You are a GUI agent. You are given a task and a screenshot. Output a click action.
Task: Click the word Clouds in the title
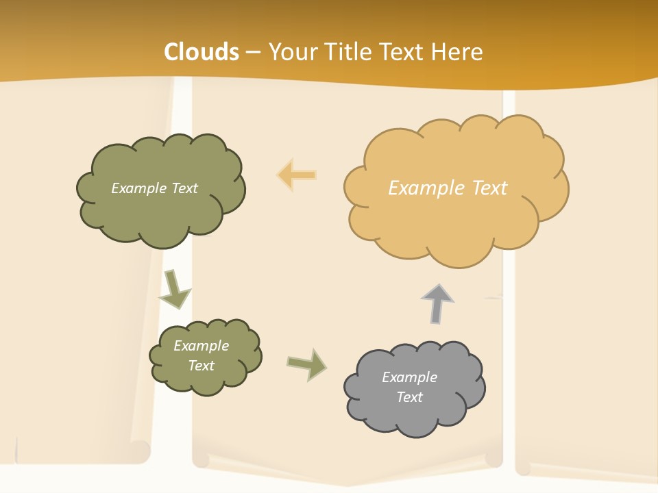click(x=202, y=52)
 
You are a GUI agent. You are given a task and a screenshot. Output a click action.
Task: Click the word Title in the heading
click(x=348, y=52)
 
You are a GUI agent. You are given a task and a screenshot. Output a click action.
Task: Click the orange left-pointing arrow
click(x=297, y=175)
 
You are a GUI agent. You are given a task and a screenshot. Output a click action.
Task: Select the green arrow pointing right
click(x=306, y=364)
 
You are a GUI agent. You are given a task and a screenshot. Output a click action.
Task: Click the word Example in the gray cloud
click(x=409, y=377)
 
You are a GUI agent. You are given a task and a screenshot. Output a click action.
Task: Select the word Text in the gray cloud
click(x=409, y=397)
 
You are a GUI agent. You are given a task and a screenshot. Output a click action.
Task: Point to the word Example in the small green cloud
click(x=201, y=346)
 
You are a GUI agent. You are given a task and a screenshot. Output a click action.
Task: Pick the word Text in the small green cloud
click(x=201, y=366)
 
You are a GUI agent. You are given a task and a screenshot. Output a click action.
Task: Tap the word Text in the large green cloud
click(x=184, y=188)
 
